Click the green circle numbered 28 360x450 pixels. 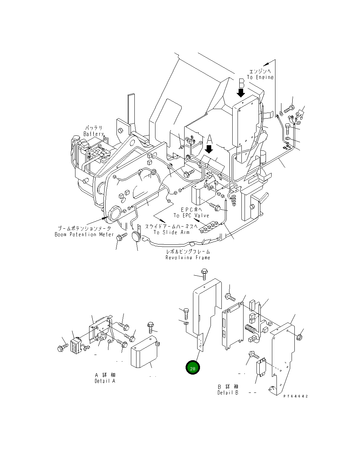(193, 368)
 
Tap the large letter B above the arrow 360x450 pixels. (241, 83)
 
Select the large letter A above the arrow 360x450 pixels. (209, 140)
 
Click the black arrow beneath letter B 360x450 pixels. (241, 93)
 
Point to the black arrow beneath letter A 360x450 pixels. (209, 149)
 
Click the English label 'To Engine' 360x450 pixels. (260, 77)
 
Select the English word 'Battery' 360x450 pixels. (94, 134)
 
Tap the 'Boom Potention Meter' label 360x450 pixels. (84, 234)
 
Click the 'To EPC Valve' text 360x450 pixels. (191, 215)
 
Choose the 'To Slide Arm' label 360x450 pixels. (171, 232)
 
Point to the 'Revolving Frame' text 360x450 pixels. (188, 257)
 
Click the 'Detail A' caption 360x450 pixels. (105, 381)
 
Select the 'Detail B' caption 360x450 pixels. (228, 392)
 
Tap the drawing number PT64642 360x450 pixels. (295, 396)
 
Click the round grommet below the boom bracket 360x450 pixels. (137, 237)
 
